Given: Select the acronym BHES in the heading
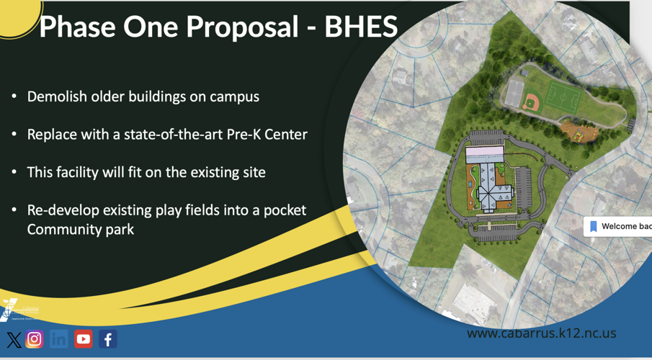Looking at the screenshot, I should pyautogui.click(x=360, y=27).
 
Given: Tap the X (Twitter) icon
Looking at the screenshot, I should pyautogui.click(x=14, y=340).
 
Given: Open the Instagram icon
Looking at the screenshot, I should pyautogui.click(x=35, y=339).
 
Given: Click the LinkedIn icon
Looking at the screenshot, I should pyautogui.click(x=59, y=339).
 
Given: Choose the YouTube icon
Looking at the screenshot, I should pyautogui.click(x=84, y=339).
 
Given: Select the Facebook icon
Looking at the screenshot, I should pyautogui.click(x=108, y=339).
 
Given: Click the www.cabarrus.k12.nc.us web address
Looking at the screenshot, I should pyautogui.click(x=541, y=333).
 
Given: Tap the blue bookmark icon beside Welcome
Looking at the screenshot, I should pyautogui.click(x=594, y=226).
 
